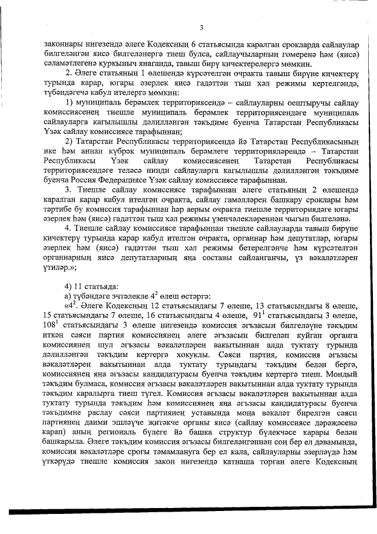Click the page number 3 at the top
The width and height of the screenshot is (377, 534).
point(201,27)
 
